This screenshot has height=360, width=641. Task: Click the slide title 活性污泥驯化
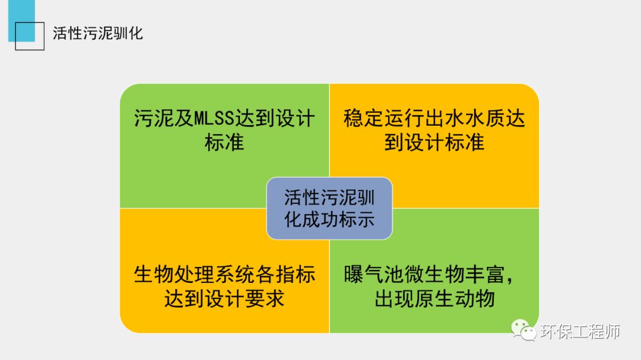click(98, 33)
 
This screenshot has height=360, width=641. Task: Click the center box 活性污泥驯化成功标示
click(329, 208)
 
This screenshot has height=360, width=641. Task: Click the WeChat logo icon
click(523, 331)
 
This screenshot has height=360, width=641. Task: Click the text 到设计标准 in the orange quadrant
click(434, 142)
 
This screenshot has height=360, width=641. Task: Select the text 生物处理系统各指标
click(224, 274)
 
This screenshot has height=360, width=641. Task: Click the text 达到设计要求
click(224, 298)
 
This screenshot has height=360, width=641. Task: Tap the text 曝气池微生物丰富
click(424, 274)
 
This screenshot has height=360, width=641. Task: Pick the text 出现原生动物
click(434, 298)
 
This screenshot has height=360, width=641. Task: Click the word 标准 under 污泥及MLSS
click(224, 142)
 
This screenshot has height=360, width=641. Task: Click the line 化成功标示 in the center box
click(329, 219)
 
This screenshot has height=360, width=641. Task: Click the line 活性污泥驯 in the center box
click(329, 196)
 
